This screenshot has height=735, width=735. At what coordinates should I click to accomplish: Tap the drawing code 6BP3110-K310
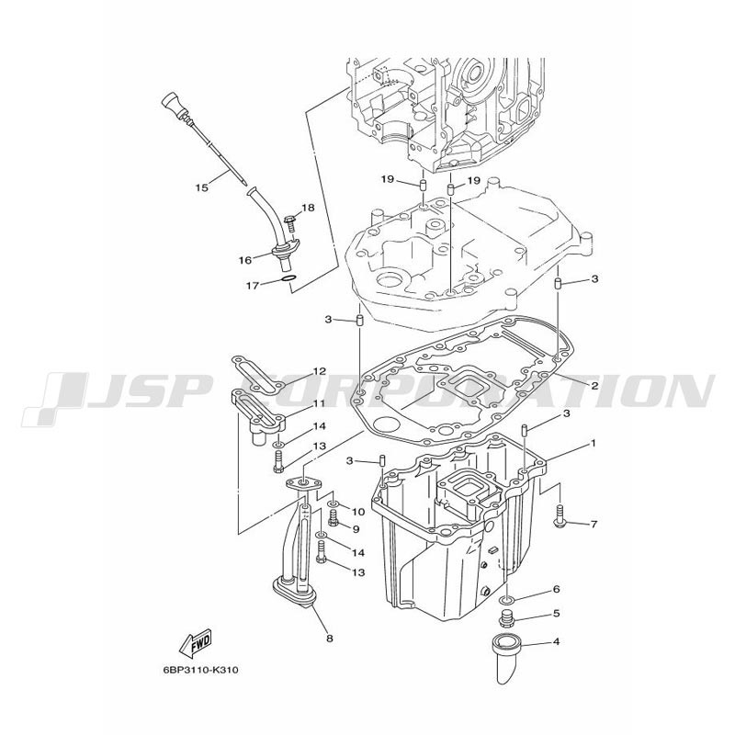[x=200, y=671]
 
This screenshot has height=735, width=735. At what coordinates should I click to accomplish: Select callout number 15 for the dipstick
[x=201, y=188]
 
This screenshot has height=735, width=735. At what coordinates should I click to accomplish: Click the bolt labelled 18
[x=290, y=221]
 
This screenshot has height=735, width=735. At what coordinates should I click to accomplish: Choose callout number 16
[x=245, y=260]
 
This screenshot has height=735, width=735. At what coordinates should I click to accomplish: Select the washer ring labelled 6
[x=506, y=600]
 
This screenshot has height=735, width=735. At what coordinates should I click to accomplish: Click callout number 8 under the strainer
[x=330, y=639]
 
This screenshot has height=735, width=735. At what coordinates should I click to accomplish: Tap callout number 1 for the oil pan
[x=593, y=443]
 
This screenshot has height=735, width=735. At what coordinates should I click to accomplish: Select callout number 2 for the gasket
[x=594, y=386]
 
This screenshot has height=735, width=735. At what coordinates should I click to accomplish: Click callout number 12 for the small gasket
[x=319, y=372]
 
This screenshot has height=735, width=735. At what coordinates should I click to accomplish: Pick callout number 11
[x=319, y=403]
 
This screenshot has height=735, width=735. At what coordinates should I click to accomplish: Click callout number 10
[x=358, y=512]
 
